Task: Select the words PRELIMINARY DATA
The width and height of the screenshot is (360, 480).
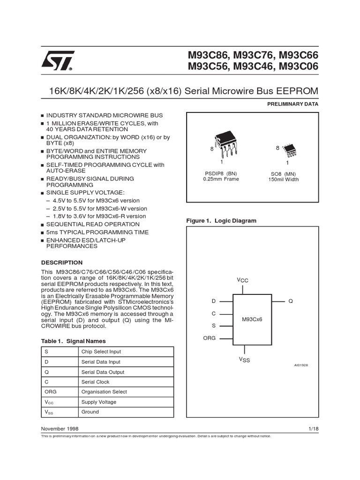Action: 292,104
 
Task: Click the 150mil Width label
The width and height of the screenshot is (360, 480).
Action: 283,179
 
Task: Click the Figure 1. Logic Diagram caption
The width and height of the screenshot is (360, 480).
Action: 221,220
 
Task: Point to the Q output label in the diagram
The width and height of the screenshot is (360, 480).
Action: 291,301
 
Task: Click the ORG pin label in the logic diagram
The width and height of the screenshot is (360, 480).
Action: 209,337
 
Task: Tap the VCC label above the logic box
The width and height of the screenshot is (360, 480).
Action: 242,280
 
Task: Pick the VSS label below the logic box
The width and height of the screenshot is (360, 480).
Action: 244,360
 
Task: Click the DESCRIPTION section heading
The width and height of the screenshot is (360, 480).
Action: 62,262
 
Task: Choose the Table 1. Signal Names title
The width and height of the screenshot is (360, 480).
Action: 74,341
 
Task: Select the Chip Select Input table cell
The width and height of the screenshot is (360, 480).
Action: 101,352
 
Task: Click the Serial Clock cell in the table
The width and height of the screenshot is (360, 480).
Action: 95,382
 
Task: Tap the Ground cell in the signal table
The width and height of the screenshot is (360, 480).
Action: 90,412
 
